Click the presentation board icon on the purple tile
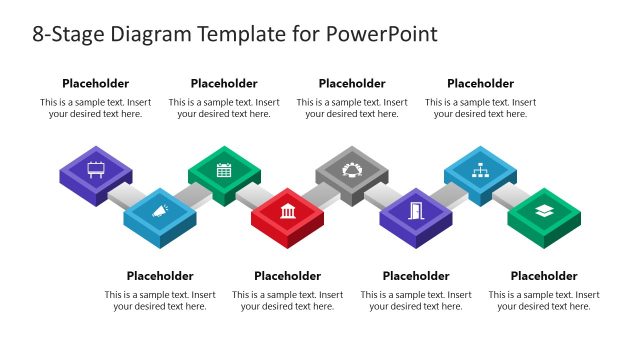pyautogui.click(x=96, y=169)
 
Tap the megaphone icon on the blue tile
pyautogui.click(x=160, y=210)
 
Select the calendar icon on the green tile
pyautogui.click(x=224, y=169)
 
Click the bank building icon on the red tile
pyautogui.click(x=288, y=210)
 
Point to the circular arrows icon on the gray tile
pyautogui.click(x=352, y=169)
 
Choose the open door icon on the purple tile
pyautogui.click(x=416, y=210)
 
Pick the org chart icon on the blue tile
pyautogui.click(x=480, y=169)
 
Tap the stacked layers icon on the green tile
pyautogui.click(x=544, y=210)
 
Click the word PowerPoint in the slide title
pyautogui.click(x=381, y=34)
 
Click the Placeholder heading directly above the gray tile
pyautogui.click(x=352, y=84)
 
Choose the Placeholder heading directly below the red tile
pyautogui.click(x=288, y=276)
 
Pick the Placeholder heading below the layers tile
pyautogui.click(x=544, y=276)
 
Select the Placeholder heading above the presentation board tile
pyautogui.click(x=96, y=84)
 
